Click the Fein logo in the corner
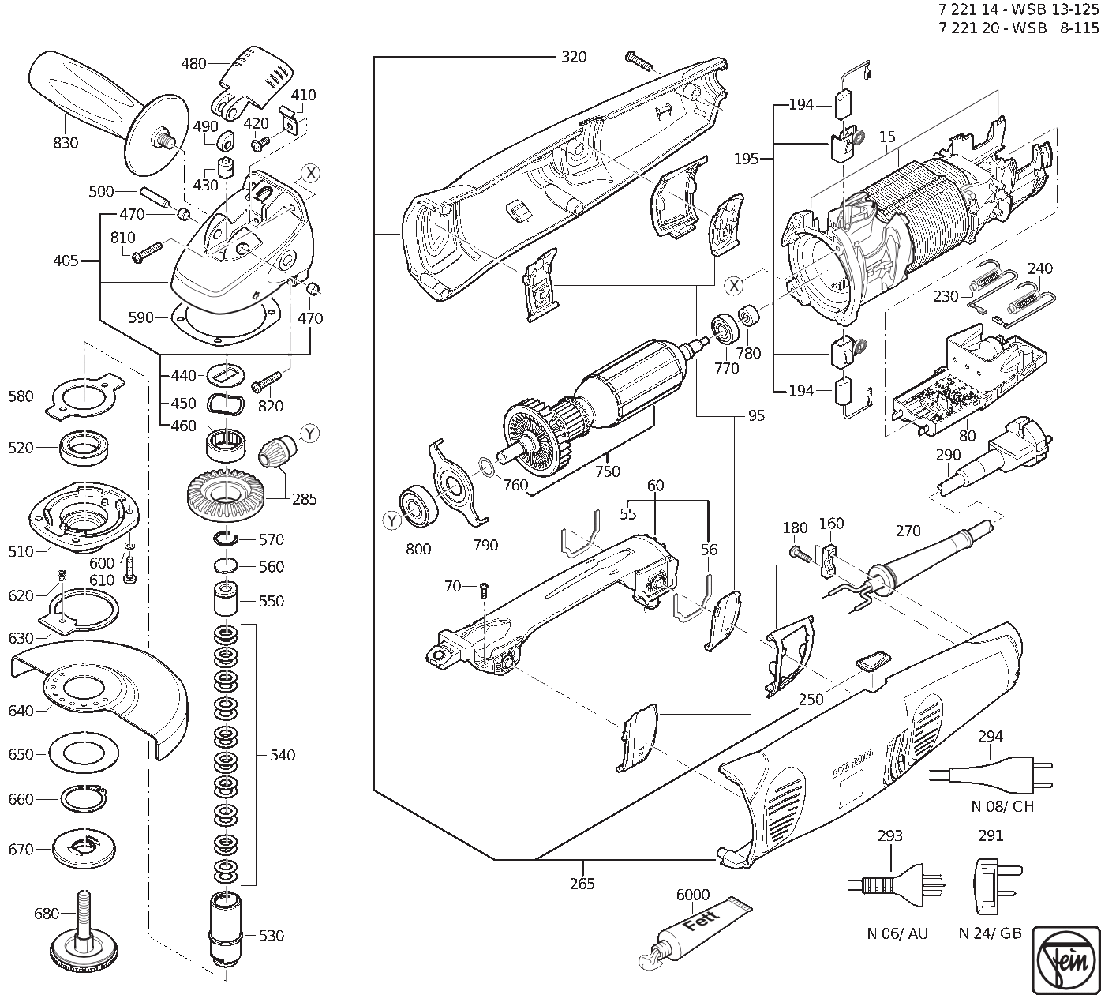pos(1066,959)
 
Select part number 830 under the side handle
pos(66,143)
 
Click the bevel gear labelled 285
pos(227,493)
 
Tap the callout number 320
pos(574,57)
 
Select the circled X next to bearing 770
pos(734,286)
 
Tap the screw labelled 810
pos(146,252)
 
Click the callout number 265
pos(582,883)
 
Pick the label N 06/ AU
pos(897,933)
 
